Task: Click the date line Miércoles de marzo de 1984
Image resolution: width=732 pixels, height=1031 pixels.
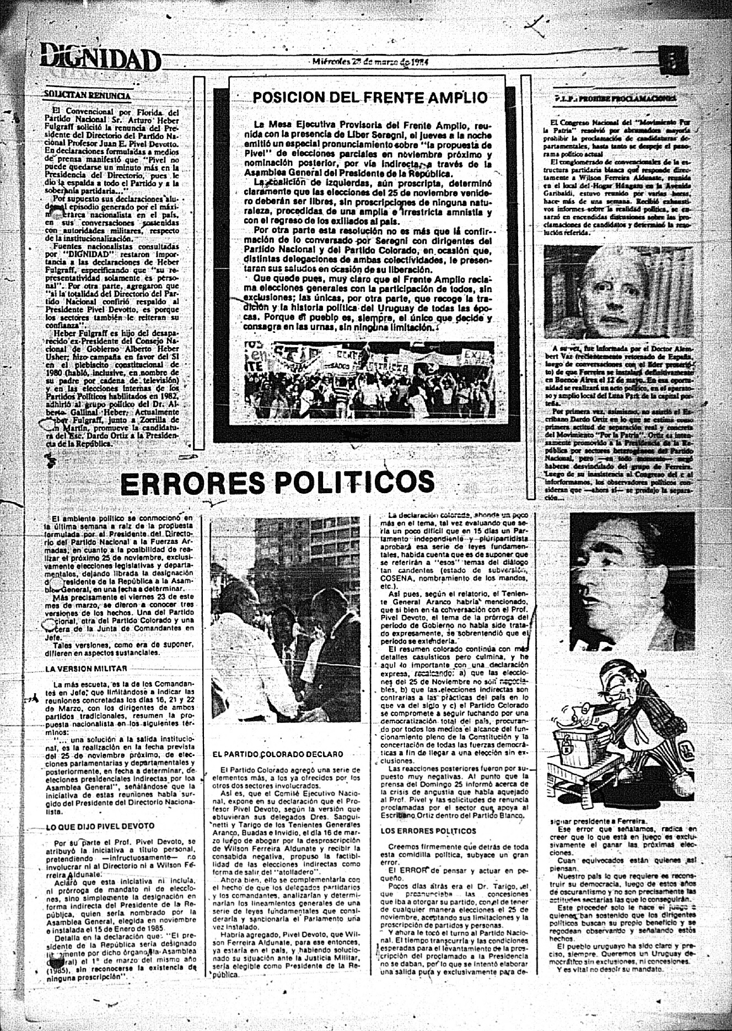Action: [370, 62]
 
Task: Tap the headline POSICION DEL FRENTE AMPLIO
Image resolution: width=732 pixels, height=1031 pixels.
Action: [370, 98]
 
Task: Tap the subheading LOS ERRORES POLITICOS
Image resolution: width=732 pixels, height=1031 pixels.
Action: [428, 831]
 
